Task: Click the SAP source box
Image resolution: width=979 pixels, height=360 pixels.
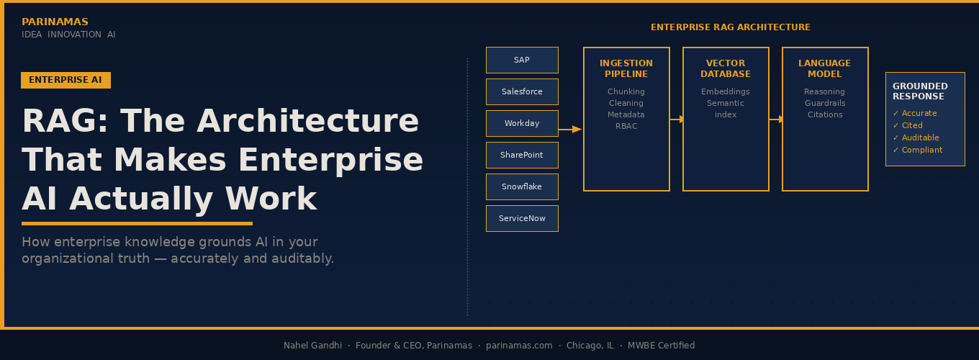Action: (x=522, y=60)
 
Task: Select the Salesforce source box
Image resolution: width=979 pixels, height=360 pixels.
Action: (x=522, y=91)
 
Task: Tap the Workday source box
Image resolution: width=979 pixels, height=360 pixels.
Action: (x=522, y=123)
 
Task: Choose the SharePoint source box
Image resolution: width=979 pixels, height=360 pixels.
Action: (x=522, y=155)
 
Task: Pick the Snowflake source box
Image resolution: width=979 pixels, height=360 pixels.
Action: (x=522, y=186)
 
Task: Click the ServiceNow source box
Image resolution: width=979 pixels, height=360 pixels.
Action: (x=522, y=218)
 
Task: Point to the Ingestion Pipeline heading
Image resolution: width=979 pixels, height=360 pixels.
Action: (x=626, y=68)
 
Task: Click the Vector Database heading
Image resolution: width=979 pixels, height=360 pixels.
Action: (x=726, y=68)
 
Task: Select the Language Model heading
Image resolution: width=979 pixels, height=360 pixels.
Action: (x=824, y=68)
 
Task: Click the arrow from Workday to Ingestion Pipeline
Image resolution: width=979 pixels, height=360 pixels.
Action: (x=570, y=130)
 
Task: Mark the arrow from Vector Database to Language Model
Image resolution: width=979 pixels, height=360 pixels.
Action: (x=775, y=120)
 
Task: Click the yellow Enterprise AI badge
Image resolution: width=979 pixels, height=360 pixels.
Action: (x=66, y=80)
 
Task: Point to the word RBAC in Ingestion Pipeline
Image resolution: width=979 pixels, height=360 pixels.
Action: (x=626, y=126)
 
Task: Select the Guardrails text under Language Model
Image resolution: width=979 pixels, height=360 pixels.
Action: (x=825, y=103)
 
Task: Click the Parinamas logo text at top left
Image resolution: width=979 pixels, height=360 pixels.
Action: (x=55, y=22)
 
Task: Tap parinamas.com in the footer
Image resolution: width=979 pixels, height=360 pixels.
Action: (x=519, y=346)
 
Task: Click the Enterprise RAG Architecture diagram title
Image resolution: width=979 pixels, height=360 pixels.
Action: (x=730, y=27)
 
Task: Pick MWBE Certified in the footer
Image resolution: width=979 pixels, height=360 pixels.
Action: (x=661, y=346)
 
